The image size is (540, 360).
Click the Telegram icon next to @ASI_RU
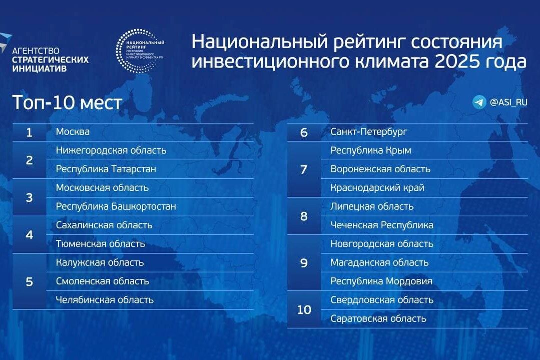(x=479, y=102)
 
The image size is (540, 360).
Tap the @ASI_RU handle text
(x=508, y=102)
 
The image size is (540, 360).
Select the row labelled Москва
(x=73, y=132)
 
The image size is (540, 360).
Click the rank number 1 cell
(x=29, y=132)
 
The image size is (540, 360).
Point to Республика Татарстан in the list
(x=106, y=169)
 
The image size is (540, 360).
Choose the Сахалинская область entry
(x=104, y=225)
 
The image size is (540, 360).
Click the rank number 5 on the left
(x=29, y=281)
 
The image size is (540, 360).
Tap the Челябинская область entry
(x=105, y=300)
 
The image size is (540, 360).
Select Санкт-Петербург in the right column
(x=369, y=132)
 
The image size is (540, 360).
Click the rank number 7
(x=304, y=169)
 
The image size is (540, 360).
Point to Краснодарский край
(x=377, y=188)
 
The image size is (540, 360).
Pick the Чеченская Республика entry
(x=382, y=225)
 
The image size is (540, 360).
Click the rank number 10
(x=304, y=309)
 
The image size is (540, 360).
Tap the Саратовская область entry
(x=378, y=318)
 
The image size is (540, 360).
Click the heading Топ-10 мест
(x=67, y=102)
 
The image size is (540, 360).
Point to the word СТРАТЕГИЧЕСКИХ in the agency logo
(x=50, y=60)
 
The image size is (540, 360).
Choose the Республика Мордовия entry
(x=381, y=281)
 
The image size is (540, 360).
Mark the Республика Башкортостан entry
(x=116, y=206)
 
